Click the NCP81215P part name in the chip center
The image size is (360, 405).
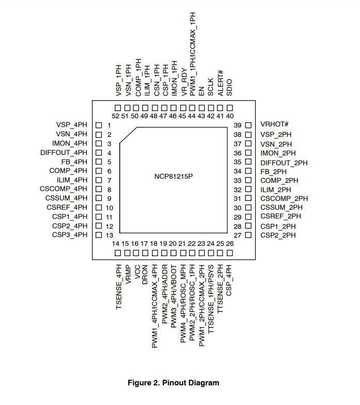[x=174, y=177]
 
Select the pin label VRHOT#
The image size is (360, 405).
[x=274, y=124]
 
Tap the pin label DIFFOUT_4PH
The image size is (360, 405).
[x=64, y=153]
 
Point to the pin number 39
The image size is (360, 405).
[x=238, y=125]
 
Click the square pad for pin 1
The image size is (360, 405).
[x=99, y=125]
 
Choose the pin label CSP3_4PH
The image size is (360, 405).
[x=70, y=235]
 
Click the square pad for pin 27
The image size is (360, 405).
[x=248, y=235]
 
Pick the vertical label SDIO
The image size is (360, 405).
[x=229, y=88]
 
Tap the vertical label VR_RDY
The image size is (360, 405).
[x=184, y=82]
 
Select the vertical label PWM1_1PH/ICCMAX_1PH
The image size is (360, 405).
[x=193, y=54]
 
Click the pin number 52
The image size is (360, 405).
[x=116, y=116]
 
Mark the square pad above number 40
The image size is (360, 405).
[x=229, y=108]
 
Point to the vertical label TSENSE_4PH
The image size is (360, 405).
[x=119, y=287]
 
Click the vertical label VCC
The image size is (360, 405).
[x=137, y=272]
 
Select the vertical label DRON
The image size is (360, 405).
[x=145, y=275]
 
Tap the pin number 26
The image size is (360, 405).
[x=229, y=244]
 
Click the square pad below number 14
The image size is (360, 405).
[x=118, y=253]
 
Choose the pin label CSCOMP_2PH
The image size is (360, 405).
[x=284, y=198]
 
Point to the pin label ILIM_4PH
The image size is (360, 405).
[x=72, y=180]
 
